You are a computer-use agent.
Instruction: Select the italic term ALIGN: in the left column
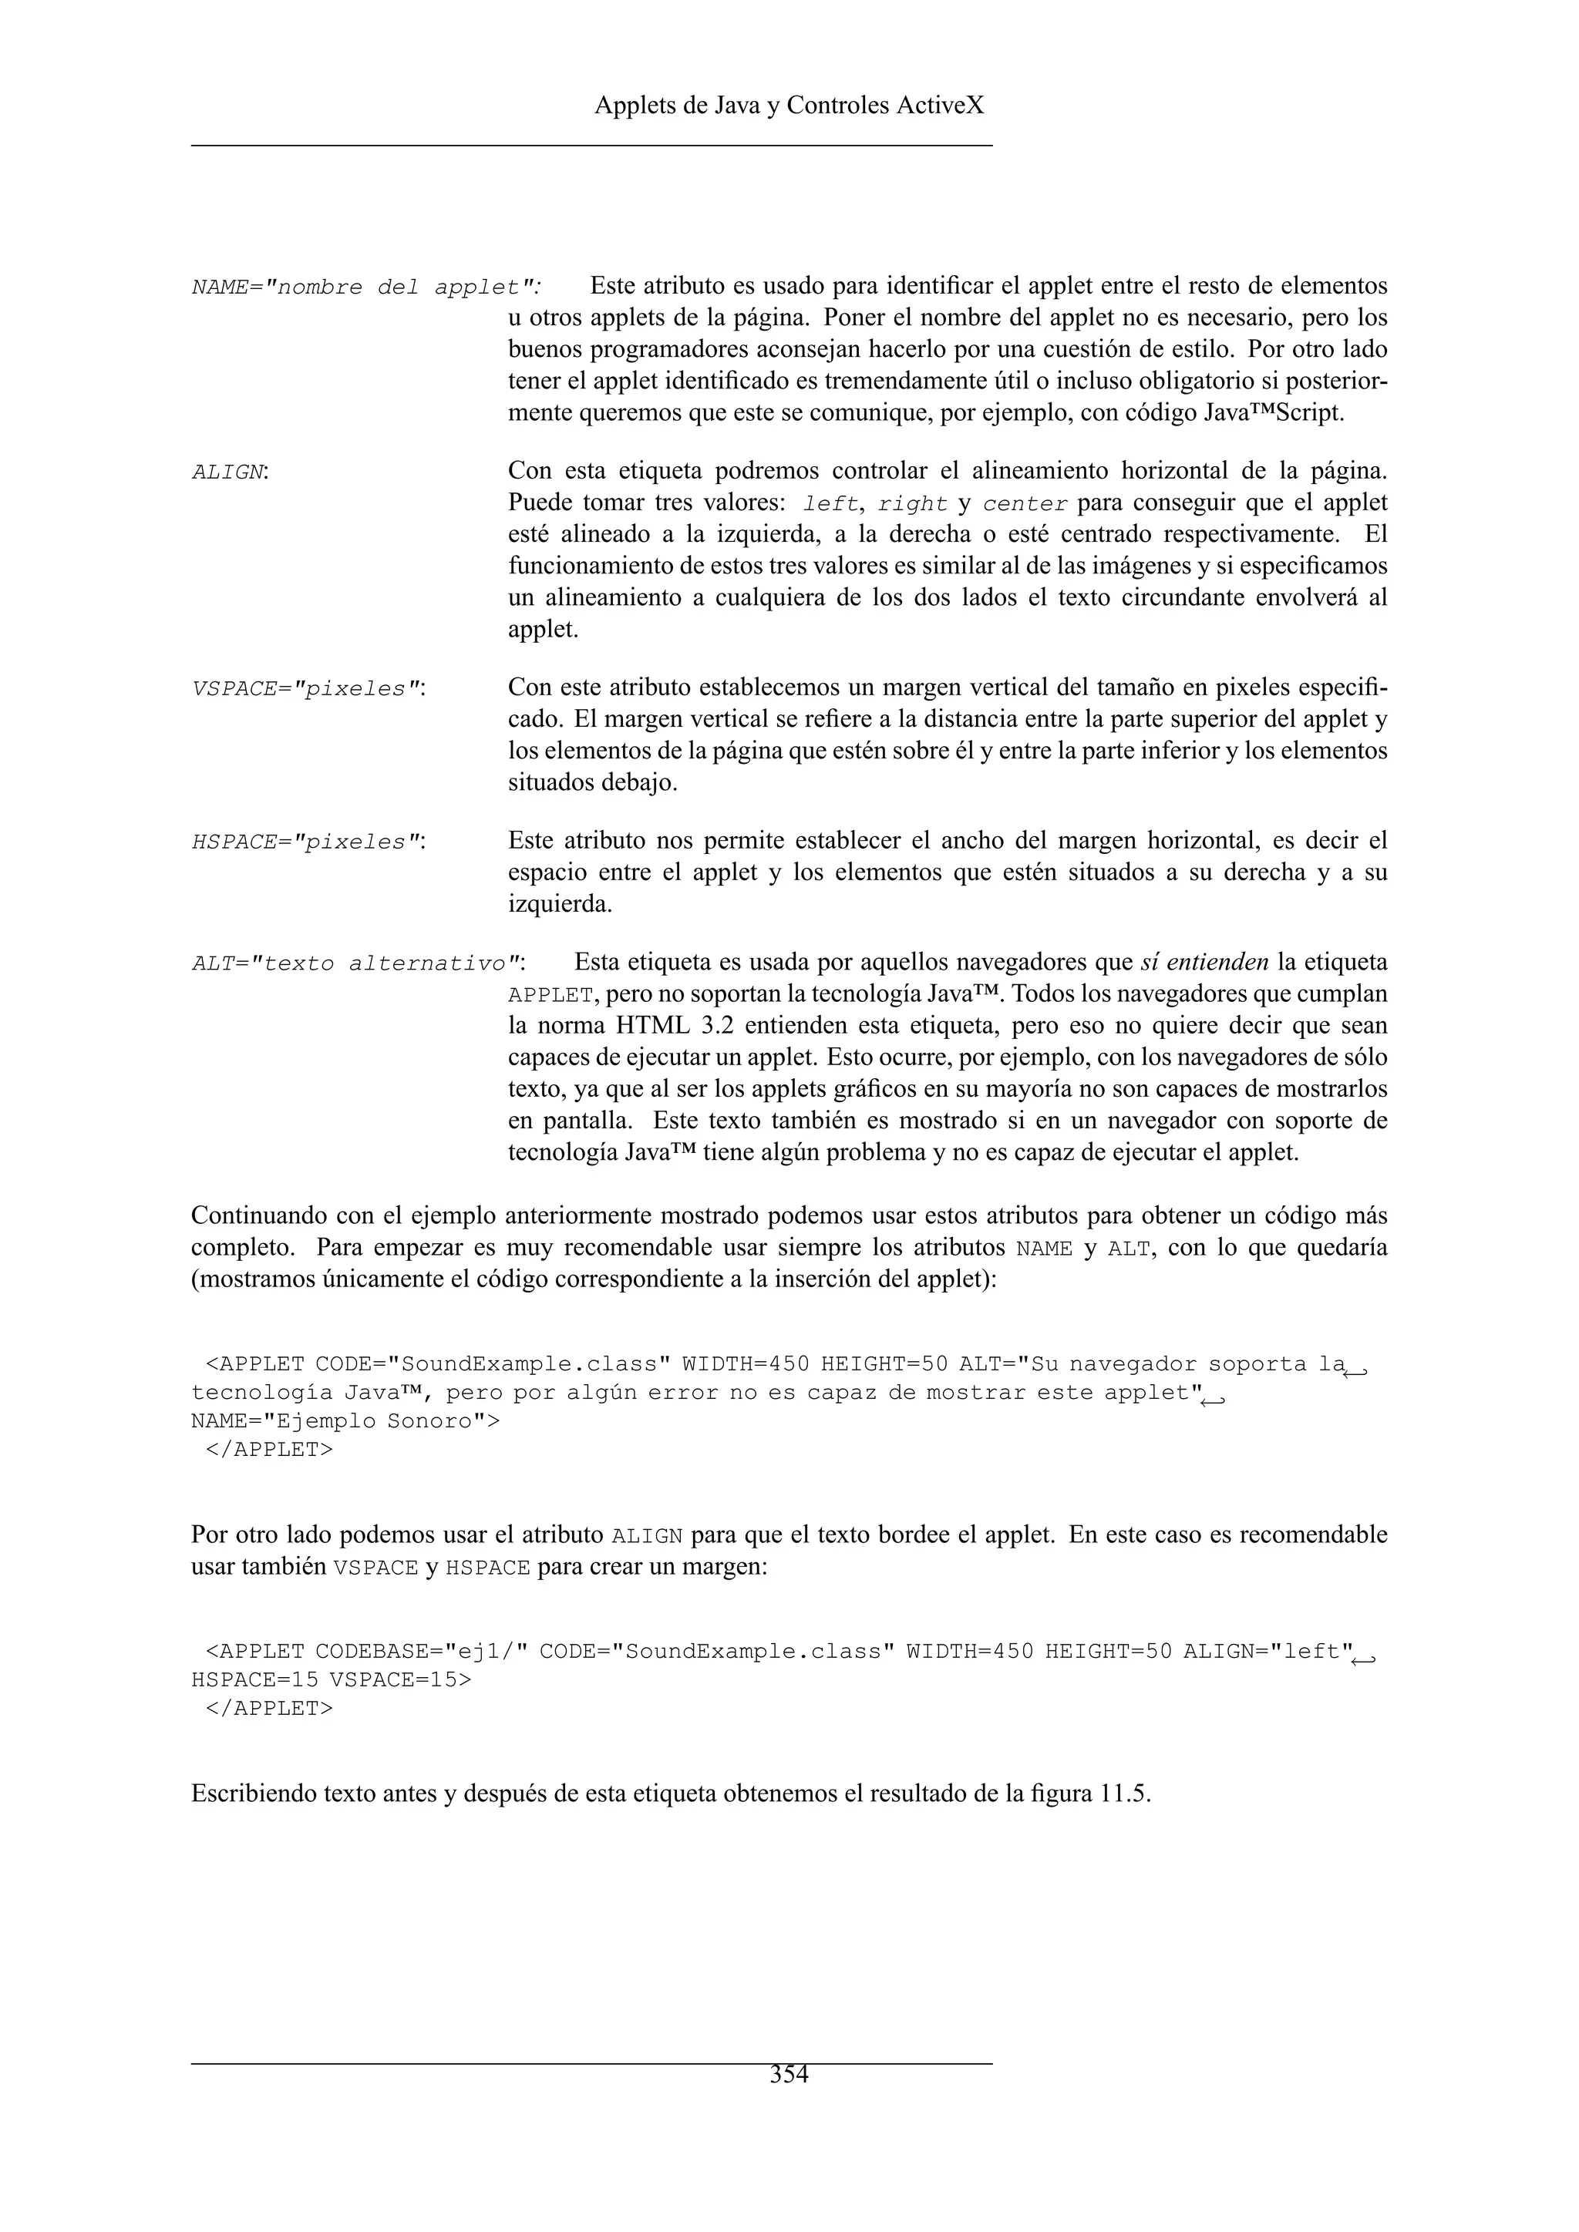[231, 472]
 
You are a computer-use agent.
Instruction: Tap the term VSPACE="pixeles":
[310, 689]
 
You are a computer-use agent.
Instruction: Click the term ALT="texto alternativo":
[359, 964]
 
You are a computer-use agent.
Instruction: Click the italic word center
[1025, 503]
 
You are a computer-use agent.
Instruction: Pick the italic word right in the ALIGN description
[912, 503]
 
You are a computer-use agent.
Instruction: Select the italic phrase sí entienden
[1204, 963]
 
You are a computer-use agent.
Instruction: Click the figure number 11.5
[1124, 1793]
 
